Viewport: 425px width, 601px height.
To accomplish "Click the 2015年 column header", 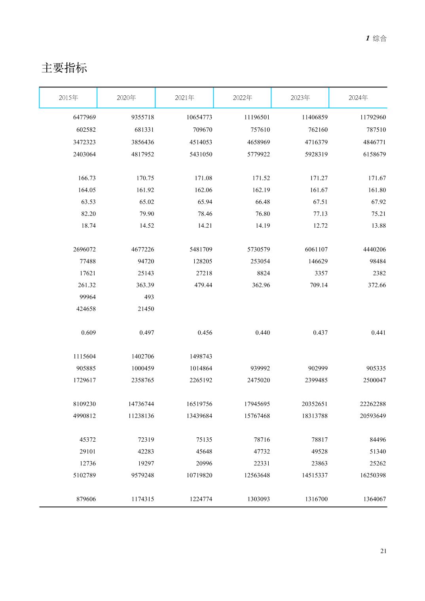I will coord(68,98).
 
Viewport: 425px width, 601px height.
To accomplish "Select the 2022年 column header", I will coord(242,98).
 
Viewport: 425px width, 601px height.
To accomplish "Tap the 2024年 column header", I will coord(358,98).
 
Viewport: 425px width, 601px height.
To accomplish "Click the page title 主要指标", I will coord(64,68).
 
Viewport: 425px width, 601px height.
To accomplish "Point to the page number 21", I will coord(383,551).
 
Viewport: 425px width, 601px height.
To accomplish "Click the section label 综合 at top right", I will coord(379,38).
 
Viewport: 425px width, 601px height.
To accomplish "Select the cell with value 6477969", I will coord(84,117).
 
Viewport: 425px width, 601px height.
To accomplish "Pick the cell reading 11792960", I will coord(373,117).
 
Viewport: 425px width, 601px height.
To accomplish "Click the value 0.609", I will coord(88,333).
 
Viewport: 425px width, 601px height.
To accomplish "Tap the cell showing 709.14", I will coord(319,285).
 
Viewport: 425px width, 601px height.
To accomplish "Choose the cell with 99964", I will coord(87,297).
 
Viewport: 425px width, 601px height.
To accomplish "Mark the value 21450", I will coord(146,309).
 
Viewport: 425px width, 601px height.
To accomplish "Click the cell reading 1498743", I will coord(201,357).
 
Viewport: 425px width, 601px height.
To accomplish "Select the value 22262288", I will coord(373,404).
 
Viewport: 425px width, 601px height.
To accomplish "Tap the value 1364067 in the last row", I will coord(374,499).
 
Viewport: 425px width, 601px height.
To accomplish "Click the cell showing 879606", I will coord(86,499).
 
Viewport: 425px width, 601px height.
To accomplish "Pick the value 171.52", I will coord(261,178).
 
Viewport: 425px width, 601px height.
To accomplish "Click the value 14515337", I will coord(315,475).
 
